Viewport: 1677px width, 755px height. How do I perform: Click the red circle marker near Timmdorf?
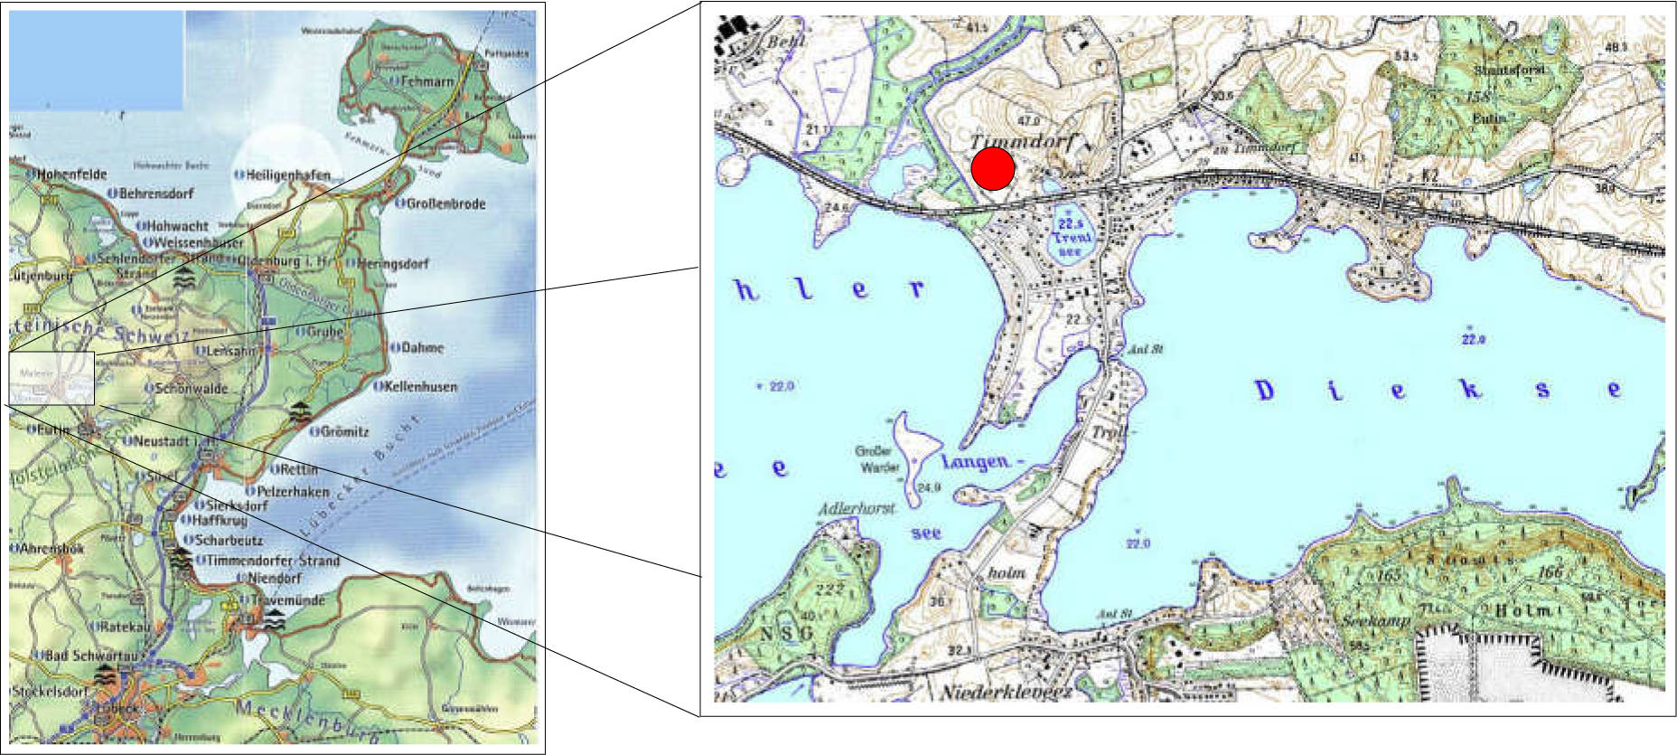992,169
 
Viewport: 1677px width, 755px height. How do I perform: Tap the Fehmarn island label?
426,81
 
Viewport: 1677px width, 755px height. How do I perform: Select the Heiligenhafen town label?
287,175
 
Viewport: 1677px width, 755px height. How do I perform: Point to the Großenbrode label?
445,203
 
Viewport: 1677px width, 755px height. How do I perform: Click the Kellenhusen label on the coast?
420,386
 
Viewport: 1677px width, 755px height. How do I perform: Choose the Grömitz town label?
344,431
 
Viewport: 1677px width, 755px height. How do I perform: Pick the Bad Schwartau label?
90,655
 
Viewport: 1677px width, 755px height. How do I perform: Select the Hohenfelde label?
71,174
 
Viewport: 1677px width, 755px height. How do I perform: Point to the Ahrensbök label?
52,548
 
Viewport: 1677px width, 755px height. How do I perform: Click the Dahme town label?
422,347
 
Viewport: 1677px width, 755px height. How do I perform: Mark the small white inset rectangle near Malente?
52,377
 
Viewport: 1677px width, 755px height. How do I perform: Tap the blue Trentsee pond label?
1072,236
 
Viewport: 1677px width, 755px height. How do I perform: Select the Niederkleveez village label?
1006,692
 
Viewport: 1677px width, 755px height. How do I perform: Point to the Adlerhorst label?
856,508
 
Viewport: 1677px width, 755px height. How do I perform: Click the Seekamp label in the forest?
1375,621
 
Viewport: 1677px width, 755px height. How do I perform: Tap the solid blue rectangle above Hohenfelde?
97,61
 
